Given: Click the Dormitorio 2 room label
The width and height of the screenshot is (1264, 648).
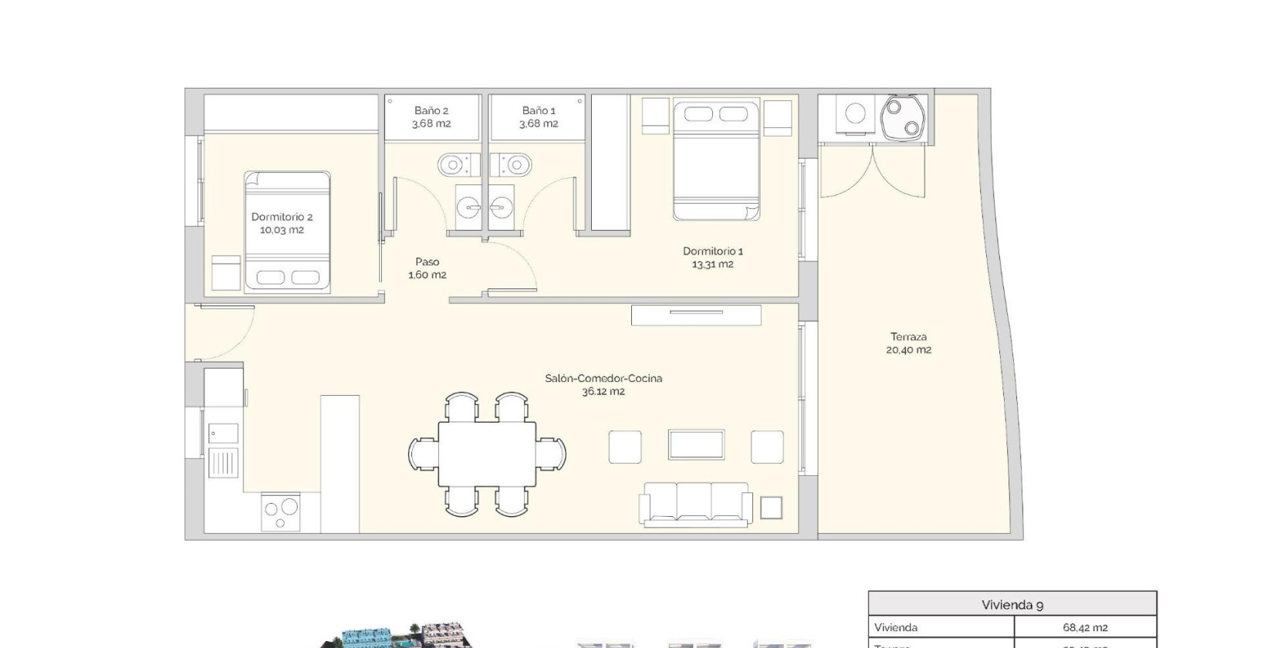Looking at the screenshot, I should click(x=282, y=217).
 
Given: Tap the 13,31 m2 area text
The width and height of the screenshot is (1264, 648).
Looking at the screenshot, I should click(x=712, y=265).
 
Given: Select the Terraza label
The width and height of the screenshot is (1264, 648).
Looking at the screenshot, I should click(x=908, y=336).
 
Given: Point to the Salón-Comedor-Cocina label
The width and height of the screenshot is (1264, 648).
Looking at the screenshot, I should click(x=603, y=378).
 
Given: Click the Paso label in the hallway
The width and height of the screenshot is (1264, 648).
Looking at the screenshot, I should click(x=427, y=262).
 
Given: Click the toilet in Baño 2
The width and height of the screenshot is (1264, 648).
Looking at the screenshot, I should click(x=451, y=164).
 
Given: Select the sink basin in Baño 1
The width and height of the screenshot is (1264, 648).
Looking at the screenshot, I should click(x=502, y=206).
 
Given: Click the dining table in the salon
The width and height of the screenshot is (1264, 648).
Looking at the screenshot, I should click(x=487, y=454).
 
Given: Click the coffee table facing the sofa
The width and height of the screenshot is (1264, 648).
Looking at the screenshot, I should click(x=696, y=445).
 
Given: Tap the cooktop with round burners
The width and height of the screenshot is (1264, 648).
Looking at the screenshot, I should click(x=281, y=511).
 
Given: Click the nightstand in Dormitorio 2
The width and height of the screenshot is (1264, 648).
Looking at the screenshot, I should click(x=226, y=273).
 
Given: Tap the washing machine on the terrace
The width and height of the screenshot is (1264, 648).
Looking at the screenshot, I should click(x=855, y=114).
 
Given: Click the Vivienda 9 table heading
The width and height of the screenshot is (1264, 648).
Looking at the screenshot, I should click(x=1012, y=605).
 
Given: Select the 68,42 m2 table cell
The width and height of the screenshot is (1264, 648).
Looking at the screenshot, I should click(x=1084, y=628).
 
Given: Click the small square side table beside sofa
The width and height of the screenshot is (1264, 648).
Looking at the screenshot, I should click(x=771, y=508).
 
